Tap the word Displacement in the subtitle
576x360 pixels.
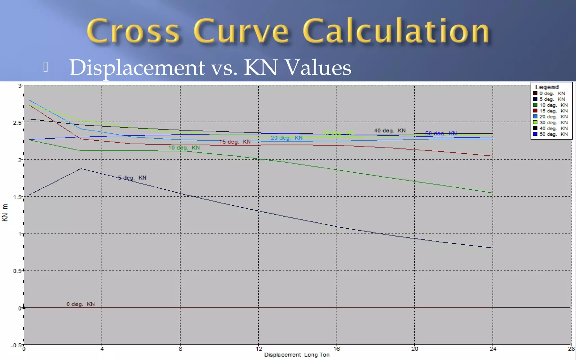137,67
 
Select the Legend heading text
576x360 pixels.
546,87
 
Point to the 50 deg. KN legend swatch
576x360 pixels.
535,134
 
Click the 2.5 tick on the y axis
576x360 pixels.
17,123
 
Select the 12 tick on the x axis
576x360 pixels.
259,349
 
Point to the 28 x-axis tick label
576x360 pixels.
571,349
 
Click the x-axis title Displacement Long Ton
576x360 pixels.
297,355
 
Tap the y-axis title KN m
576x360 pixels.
5,213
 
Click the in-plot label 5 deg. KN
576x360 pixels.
132,178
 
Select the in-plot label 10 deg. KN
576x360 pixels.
184,148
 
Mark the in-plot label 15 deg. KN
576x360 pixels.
235,142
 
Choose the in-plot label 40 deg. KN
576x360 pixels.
390,130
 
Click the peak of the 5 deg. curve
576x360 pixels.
81,169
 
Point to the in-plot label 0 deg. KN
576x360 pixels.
81,304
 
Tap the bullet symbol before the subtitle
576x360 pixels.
46,67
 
